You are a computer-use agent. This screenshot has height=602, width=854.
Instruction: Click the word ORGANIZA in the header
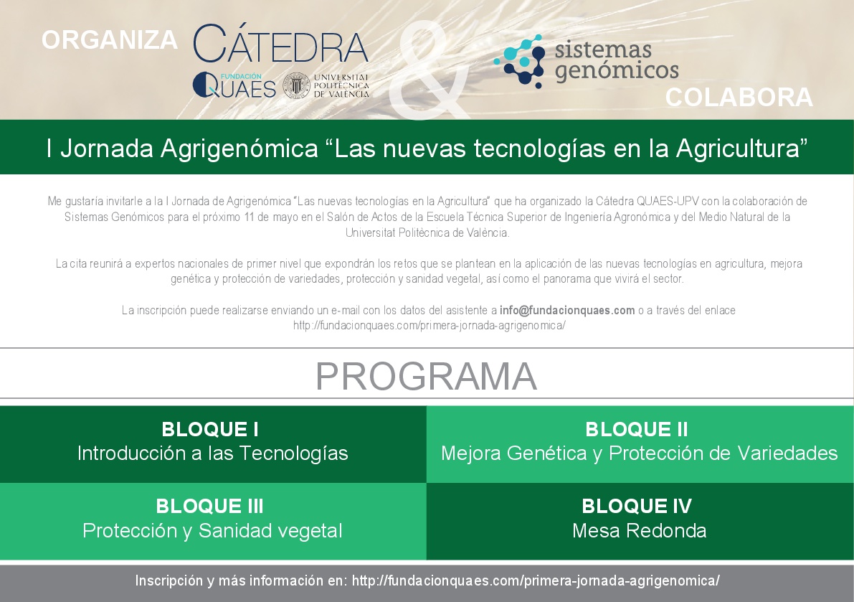(x=110, y=40)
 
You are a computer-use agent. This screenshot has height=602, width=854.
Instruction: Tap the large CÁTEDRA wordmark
(x=280, y=44)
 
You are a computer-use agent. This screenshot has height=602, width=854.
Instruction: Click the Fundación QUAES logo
(x=234, y=85)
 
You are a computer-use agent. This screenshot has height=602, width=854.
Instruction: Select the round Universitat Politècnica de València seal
(x=296, y=85)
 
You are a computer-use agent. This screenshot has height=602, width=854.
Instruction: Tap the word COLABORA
(x=739, y=98)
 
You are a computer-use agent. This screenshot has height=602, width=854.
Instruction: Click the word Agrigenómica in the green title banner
(x=239, y=149)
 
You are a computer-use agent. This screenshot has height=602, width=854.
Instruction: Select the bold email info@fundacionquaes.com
(x=567, y=311)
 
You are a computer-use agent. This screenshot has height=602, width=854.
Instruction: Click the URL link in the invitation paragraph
(x=430, y=326)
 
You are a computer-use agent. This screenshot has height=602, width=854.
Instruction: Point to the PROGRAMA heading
(x=427, y=376)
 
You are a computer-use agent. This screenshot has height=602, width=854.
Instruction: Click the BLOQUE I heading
(x=210, y=429)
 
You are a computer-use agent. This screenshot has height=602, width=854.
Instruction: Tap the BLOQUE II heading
(x=637, y=429)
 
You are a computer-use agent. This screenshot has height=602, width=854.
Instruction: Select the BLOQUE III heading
(x=209, y=506)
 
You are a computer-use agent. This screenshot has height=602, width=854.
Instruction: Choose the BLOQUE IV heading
(x=637, y=506)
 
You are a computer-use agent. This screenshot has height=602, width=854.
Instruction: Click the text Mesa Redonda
(x=640, y=531)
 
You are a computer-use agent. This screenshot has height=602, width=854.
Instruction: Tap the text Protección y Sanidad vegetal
(x=212, y=531)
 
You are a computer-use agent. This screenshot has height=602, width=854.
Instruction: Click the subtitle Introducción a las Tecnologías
(x=212, y=453)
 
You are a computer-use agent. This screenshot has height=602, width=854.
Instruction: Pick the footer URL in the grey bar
(x=536, y=580)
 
